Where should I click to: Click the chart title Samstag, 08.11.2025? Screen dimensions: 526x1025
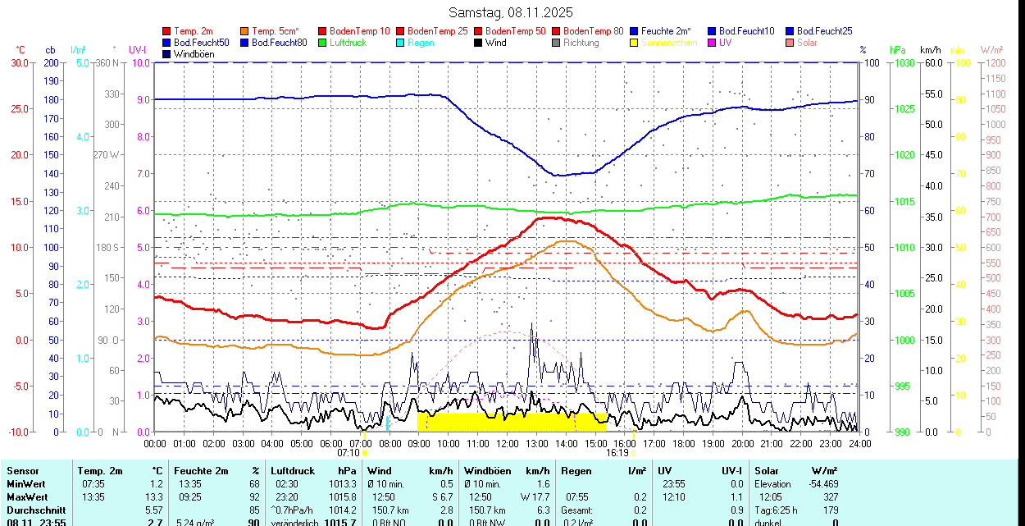(511, 12)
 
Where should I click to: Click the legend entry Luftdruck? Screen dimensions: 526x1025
(348, 43)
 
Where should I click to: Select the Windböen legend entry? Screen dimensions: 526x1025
(191, 54)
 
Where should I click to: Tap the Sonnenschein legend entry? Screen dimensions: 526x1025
(669, 43)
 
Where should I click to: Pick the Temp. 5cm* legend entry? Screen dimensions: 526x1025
(275, 31)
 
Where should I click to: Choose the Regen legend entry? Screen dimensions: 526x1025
(421, 43)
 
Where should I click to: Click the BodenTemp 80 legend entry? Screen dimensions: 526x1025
(594, 31)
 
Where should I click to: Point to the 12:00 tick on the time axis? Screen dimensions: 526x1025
(507, 443)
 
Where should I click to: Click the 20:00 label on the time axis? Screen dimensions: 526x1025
(742, 443)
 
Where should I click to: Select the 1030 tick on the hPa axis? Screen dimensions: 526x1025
(904, 62)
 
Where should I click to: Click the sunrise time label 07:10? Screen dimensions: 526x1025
(348, 452)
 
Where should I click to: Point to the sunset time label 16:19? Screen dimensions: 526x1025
(617, 452)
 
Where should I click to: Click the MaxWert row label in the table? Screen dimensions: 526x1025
(28, 497)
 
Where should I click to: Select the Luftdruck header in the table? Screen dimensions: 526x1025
(293, 471)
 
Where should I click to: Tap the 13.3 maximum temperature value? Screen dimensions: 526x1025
(155, 497)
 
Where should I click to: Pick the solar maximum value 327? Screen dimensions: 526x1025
(831, 497)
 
